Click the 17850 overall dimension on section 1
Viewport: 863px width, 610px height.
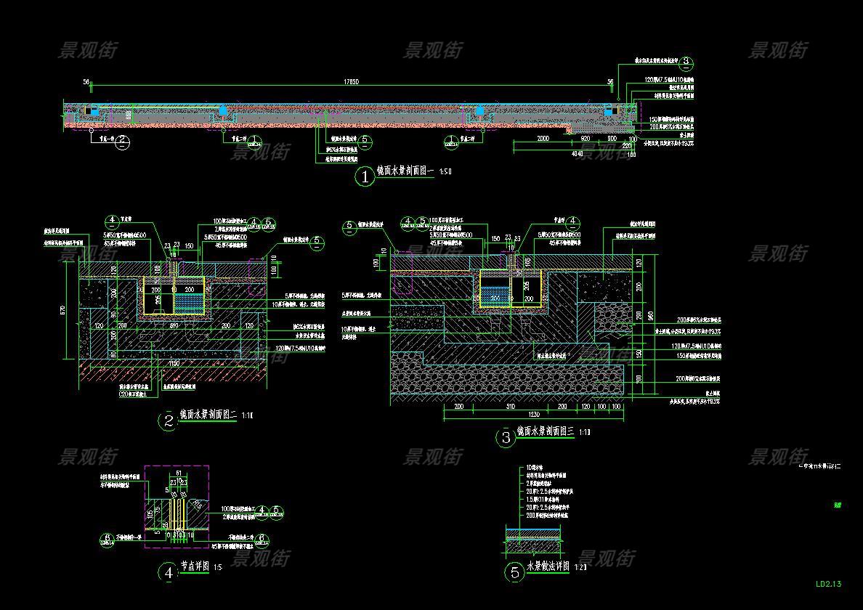[352, 81]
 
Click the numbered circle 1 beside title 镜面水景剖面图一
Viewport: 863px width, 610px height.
[364, 176]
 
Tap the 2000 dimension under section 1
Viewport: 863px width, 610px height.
[543, 138]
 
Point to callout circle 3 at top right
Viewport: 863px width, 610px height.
[686, 62]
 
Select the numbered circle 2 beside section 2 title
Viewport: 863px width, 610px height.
[169, 421]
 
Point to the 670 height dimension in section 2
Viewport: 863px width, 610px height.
[65, 311]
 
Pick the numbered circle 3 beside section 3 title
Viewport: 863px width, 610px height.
[505, 438]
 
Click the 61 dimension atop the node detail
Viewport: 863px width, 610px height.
[179, 473]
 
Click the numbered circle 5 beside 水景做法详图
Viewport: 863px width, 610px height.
[515, 573]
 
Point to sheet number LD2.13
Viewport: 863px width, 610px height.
[828, 583]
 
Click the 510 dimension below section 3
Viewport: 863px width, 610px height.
[509, 407]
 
